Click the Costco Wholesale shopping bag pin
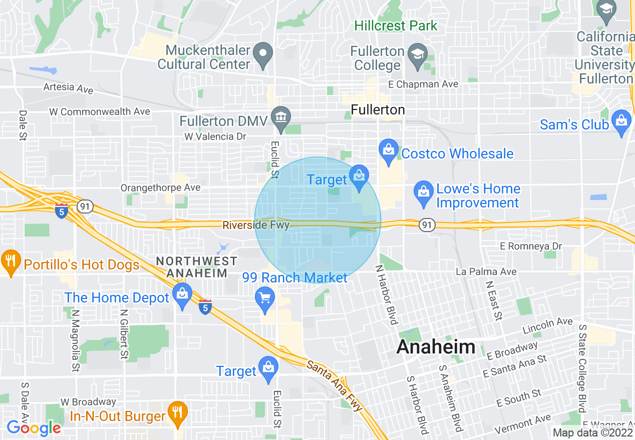tap(389, 150)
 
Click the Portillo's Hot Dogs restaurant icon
tap(10, 261)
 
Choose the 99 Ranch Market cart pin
tap(265, 298)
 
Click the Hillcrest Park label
tap(396, 25)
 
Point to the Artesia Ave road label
tap(68, 88)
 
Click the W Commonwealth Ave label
tap(100, 111)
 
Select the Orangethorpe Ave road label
tap(160, 187)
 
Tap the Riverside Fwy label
tap(256, 225)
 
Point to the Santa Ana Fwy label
tap(334, 385)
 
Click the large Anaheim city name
tap(436, 347)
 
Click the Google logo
tap(34, 428)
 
